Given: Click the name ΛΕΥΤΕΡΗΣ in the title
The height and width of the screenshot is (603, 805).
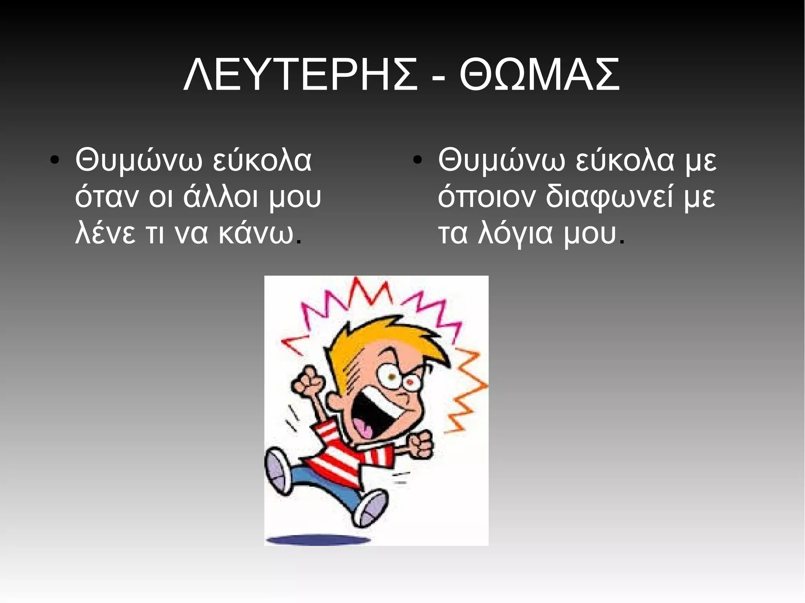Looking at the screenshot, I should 300,75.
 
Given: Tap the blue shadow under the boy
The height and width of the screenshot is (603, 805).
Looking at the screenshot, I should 318,541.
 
